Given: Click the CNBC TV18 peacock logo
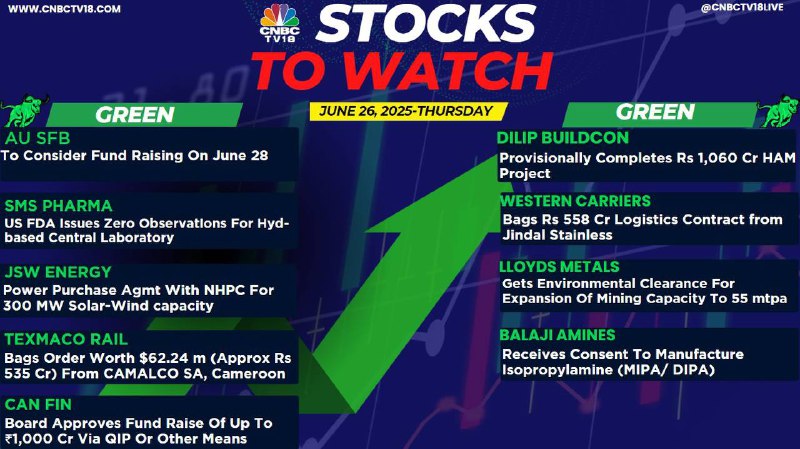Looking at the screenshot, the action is tap(280, 23).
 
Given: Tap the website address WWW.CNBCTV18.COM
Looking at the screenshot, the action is tap(64, 9).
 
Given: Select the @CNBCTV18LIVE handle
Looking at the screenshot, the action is tap(742, 8).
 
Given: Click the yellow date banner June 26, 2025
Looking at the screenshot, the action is tap(406, 111).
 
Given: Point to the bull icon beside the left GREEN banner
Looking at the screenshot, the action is tap(24, 110).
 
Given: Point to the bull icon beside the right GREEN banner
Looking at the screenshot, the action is tap(779, 110).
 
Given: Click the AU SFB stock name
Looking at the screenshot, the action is tap(37, 138).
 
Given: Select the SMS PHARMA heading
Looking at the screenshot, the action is tap(58, 206).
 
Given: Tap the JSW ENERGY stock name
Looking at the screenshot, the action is tap(58, 272).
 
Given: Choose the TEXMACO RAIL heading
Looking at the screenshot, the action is tap(66, 339).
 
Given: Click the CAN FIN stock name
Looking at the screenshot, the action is tap(38, 405).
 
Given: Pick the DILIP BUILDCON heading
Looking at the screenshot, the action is tap(563, 138).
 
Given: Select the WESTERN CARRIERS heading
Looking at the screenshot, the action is tap(576, 201).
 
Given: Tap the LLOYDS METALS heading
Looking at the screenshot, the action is tap(559, 267).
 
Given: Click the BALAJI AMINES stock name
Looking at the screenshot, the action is tap(557, 335).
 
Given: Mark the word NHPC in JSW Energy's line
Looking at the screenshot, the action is tap(224, 290).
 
